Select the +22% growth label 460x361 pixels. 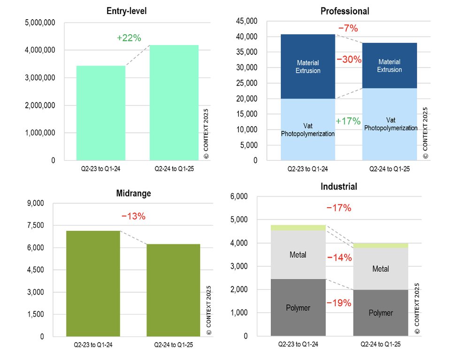coord(128,38)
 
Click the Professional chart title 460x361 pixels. coord(345,11)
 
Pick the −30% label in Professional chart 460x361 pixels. coord(349,60)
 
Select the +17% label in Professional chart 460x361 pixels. coord(348,121)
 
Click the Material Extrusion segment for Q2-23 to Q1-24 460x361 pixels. coord(307,67)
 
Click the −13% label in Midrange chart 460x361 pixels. coord(133,216)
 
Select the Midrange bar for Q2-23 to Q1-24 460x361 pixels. coord(93,283)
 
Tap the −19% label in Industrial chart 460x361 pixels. coord(338,303)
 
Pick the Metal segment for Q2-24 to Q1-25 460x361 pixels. coord(381,269)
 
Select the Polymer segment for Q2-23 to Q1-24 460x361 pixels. coord(298,308)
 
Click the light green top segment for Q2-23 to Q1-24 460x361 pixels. coord(298,227)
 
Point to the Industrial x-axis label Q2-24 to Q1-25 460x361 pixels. coord(381,344)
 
